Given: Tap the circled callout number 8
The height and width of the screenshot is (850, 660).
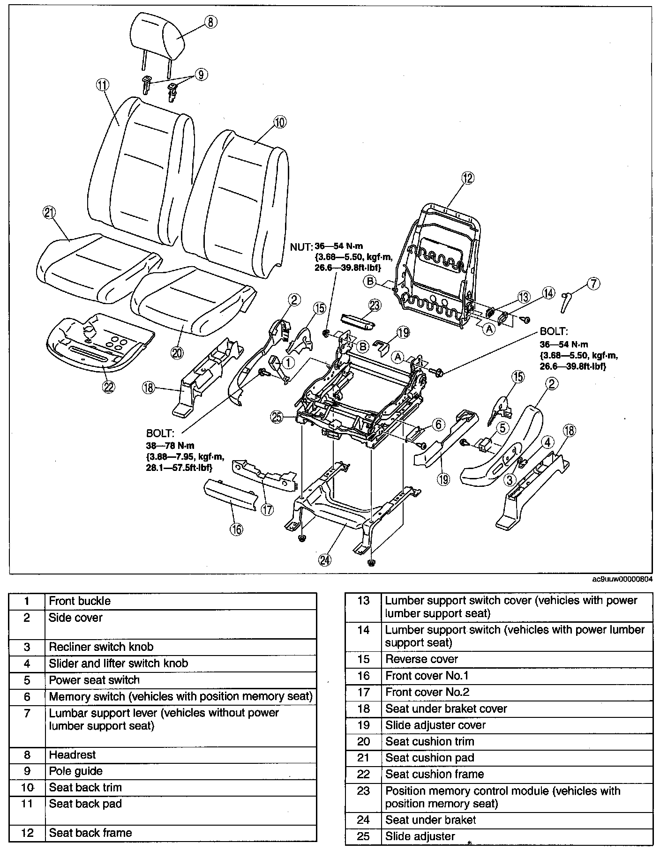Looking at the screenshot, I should (211, 22).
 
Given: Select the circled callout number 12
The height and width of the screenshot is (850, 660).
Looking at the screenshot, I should (467, 178).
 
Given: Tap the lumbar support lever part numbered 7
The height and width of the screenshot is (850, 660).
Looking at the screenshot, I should (567, 303).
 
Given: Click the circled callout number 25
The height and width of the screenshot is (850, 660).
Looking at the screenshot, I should (277, 417).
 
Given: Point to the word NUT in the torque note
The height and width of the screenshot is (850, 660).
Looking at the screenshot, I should (300, 247).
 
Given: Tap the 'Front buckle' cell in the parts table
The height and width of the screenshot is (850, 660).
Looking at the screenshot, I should (80, 601).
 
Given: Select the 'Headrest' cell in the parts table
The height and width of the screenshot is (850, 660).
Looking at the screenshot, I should (72, 755).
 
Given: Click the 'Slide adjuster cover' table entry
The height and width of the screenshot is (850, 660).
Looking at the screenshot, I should (435, 725).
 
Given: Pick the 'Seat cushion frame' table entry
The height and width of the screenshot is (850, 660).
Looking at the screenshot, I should (435, 774).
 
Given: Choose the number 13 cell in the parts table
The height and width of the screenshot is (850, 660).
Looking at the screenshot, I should (363, 601).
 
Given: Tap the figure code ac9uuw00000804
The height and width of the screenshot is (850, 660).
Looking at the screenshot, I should (622, 579).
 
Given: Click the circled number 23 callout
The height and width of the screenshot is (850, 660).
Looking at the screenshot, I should (375, 306).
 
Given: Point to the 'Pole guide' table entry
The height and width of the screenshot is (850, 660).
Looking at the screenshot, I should (75, 771).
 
